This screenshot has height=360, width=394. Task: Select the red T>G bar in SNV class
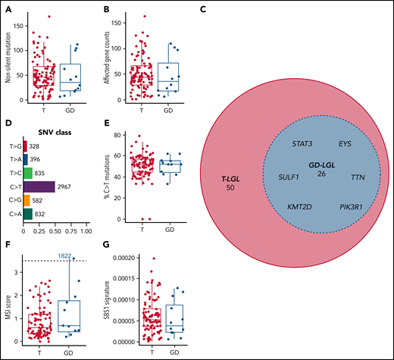point(27,146)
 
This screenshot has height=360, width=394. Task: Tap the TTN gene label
point(358,176)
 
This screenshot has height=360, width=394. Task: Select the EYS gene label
point(344,142)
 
